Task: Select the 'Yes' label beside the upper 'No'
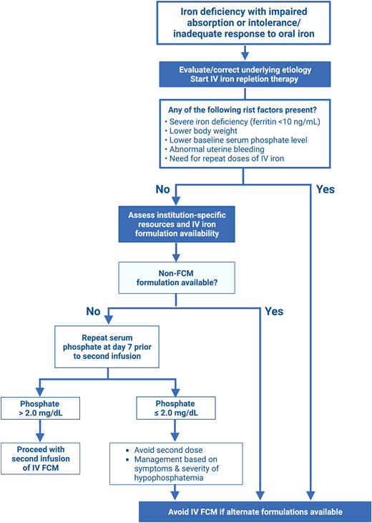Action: click(x=324, y=190)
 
